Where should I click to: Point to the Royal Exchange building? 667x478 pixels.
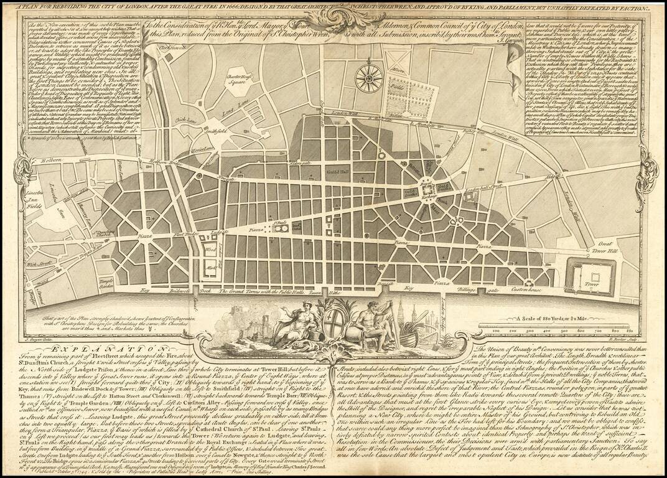[427, 186]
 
